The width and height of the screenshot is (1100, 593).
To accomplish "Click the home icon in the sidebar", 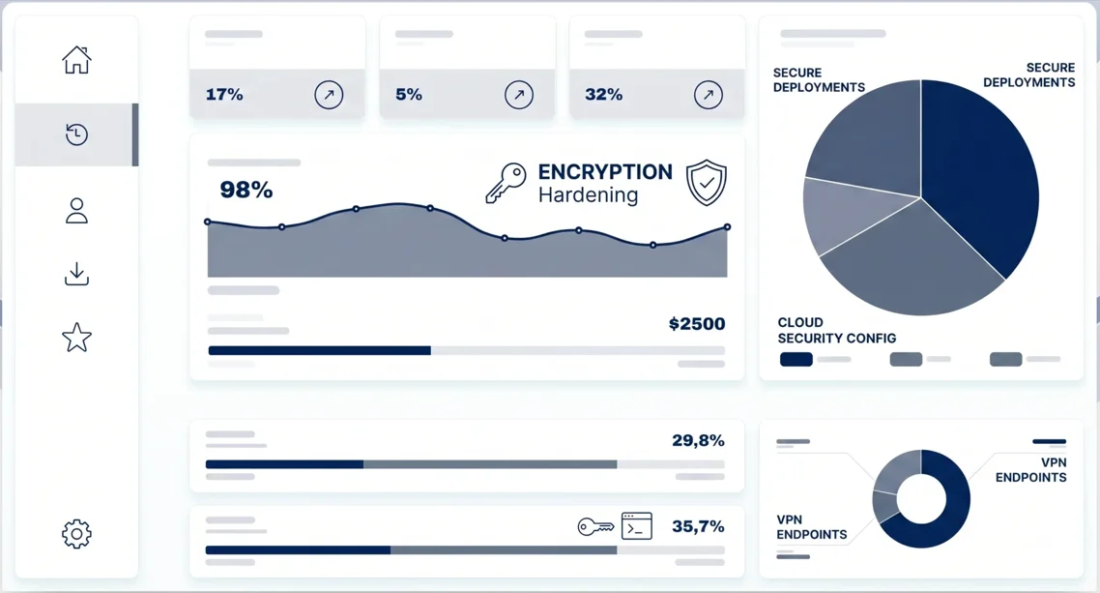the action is pyautogui.click(x=76, y=60).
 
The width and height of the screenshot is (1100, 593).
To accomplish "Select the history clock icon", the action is pyautogui.click(x=76, y=134).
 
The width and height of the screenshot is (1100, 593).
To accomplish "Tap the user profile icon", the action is pyautogui.click(x=76, y=211).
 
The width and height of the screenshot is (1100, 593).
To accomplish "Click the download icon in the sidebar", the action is pyautogui.click(x=76, y=274).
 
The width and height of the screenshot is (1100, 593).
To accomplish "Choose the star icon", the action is pyautogui.click(x=76, y=338).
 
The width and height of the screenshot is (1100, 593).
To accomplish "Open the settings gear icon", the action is pyautogui.click(x=76, y=534).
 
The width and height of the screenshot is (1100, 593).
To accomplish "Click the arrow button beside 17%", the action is pyautogui.click(x=329, y=94).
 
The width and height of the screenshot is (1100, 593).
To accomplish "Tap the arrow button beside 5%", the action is pyautogui.click(x=518, y=94).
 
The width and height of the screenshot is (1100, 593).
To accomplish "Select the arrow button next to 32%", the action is pyautogui.click(x=708, y=94).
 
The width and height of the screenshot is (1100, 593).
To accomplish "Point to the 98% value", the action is pyautogui.click(x=246, y=190).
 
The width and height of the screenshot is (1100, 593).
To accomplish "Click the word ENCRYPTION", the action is pyautogui.click(x=605, y=172).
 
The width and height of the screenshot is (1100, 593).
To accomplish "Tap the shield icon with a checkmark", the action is pyautogui.click(x=706, y=183).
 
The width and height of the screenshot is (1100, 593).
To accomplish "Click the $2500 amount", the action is pyautogui.click(x=697, y=323).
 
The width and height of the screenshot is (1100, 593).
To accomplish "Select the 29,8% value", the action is pyautogui.click(x=698, y=441).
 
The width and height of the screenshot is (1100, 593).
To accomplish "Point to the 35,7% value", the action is pyautogui.click(x=698, y=526).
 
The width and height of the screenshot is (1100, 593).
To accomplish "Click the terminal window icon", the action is pyautogui.click(x=636, y=525).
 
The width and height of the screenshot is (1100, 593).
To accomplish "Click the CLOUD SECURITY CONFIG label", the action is pyautogui.click(x=836, y=330).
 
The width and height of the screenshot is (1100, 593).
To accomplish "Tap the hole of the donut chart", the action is pyautogui.click(x=921, y=499).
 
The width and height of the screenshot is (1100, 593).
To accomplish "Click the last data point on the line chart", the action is pyautogui.click(x=727, y=226).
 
